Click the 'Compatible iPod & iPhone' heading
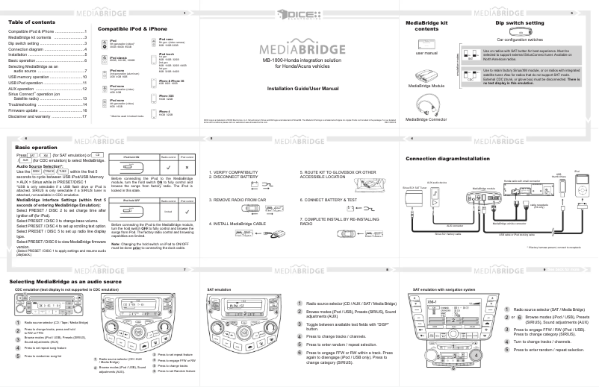[x=132, y=28]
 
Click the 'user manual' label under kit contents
[x=426, y=53]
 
